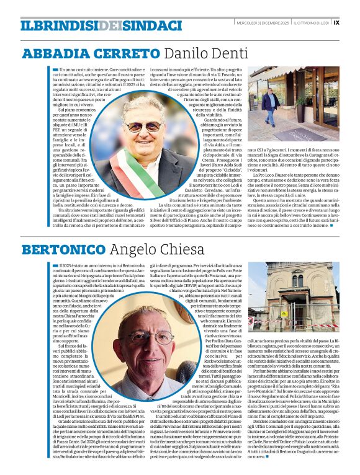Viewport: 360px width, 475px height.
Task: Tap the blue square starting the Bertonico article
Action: [55, 265]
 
